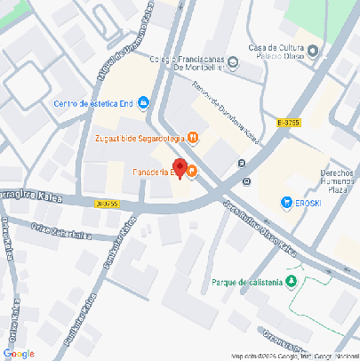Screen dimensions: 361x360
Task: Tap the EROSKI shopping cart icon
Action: [x=285, y=203]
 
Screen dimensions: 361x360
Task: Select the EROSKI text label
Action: [x=310, y=203]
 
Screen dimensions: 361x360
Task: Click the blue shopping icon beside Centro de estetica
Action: [x=144, y=102]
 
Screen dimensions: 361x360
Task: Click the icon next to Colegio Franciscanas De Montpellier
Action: [x=234, y=62]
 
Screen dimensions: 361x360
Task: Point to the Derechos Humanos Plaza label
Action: [x=337, y=180]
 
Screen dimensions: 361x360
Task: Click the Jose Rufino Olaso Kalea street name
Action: [x=264, y=226]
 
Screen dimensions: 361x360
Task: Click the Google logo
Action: [x=20, y=353]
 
